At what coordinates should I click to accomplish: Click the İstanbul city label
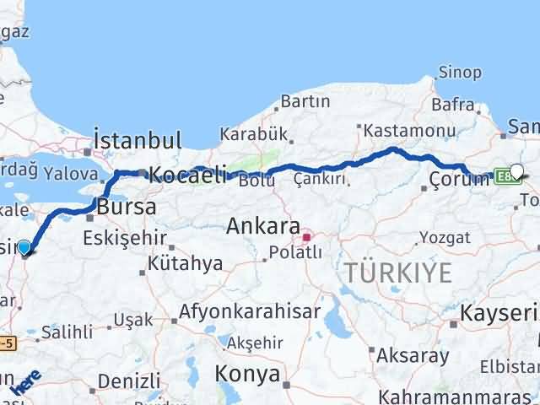(x=138, y=140)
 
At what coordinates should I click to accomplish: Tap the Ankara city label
(x=263, y=226)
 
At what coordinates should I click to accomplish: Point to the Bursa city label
(x=127, y=206)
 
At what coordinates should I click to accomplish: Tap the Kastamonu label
(x=407, y=131)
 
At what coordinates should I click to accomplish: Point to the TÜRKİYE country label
(x=397, y=273)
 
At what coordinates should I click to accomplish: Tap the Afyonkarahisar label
(x=250, y=311)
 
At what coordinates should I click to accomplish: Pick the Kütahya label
(x=185, y=263)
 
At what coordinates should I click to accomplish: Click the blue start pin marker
(x=24, y=247)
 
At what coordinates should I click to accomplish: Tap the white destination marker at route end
(x=516, y=171)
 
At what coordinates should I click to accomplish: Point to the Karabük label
(x=254, y=134)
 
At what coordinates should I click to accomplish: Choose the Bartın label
(x=305, y=102)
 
